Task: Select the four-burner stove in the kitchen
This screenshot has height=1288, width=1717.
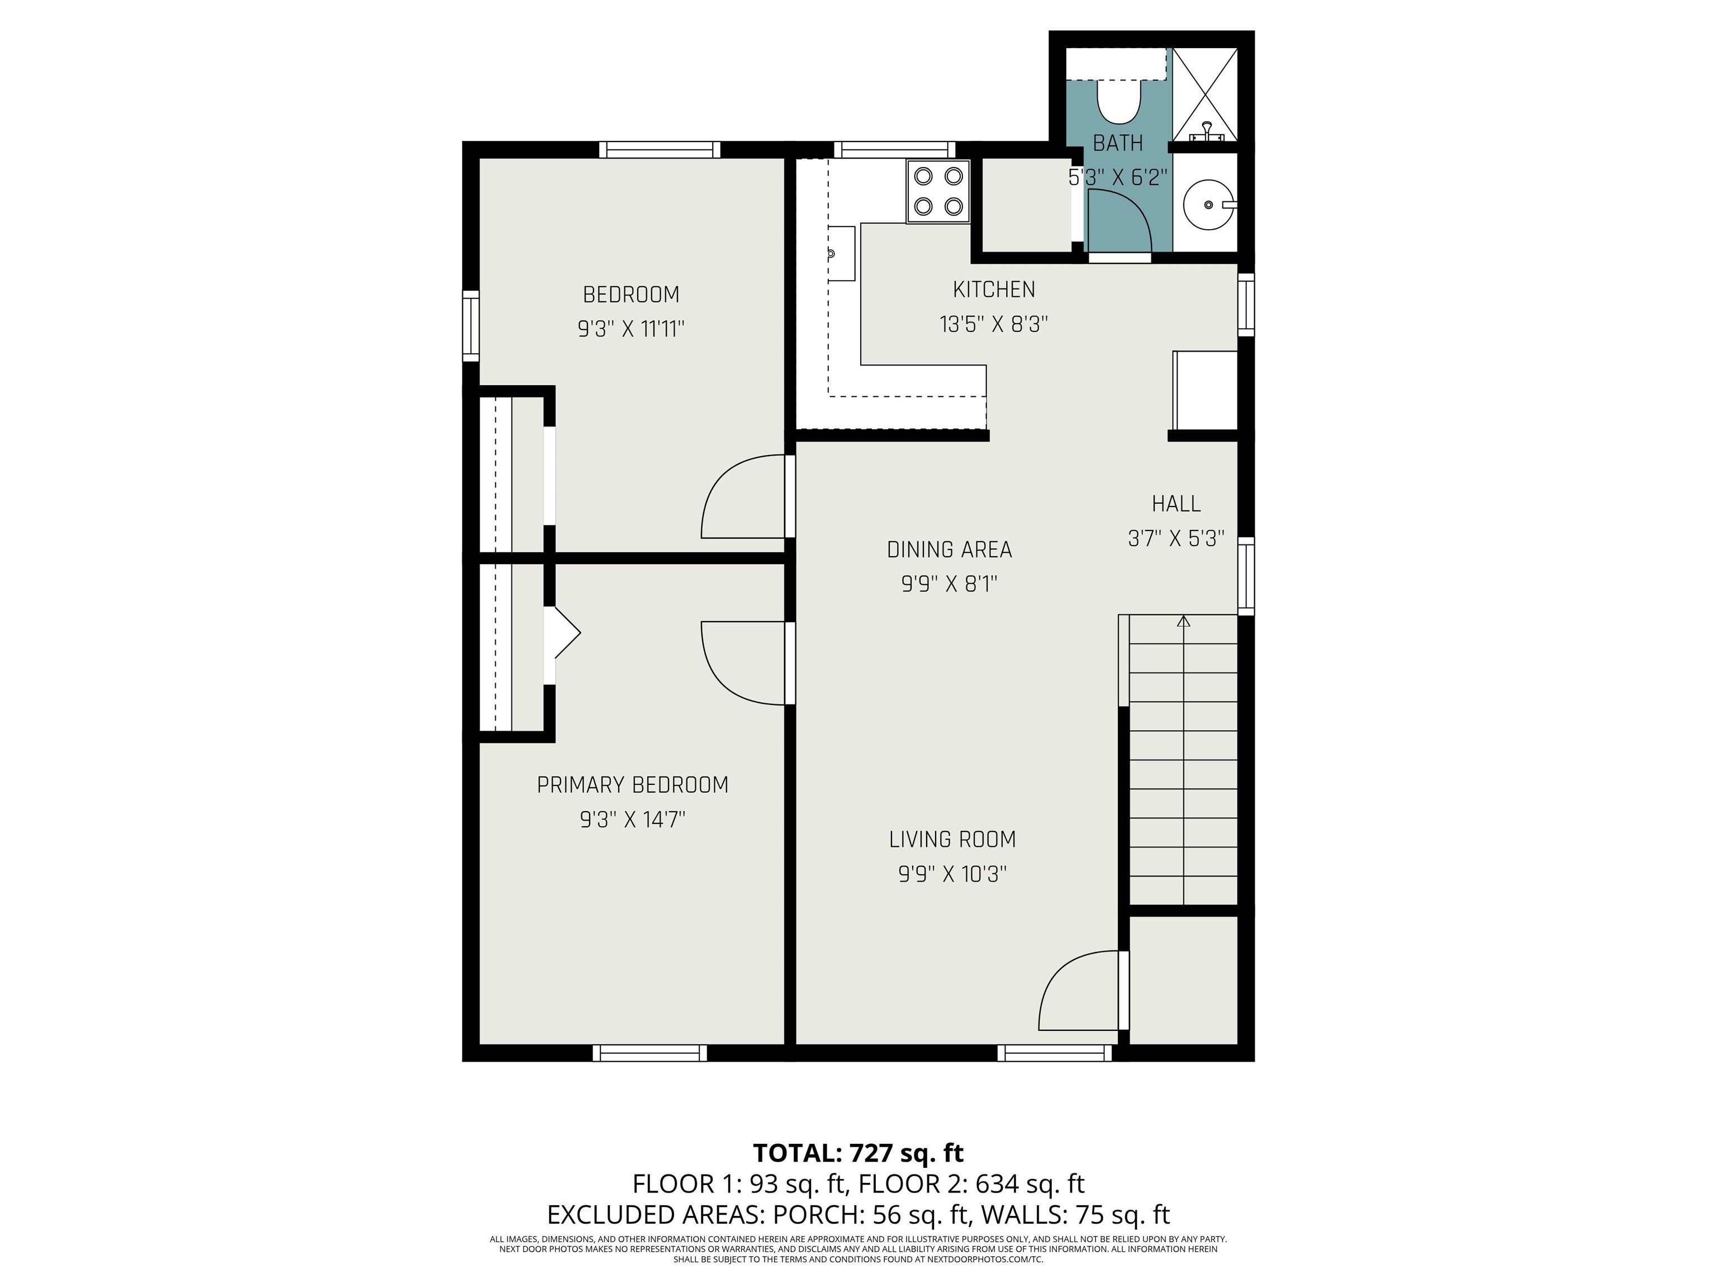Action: pos(938,192)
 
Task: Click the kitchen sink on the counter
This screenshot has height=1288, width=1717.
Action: pos(841,254)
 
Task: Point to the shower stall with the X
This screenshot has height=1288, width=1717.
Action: pos(1204,94)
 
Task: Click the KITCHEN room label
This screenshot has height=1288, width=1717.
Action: pos(994,290)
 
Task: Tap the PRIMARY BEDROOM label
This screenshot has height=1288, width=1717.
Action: pos(633,785)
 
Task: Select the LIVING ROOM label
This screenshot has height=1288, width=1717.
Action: pos(952,839)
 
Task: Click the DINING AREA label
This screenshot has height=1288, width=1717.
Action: pos(949,550)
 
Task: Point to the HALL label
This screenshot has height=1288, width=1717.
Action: pos(1176,504)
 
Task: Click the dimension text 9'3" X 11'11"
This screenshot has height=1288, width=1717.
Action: pos(631,329)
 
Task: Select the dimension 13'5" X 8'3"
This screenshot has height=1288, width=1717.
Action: pos(994,324)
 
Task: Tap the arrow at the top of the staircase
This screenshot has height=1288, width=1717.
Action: pos(1184,621)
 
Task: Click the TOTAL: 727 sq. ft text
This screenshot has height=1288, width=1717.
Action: pos(858,1152)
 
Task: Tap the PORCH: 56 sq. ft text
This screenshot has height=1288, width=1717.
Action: pos(868,1214)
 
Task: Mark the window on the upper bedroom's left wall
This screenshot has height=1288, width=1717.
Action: pos(471,326)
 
